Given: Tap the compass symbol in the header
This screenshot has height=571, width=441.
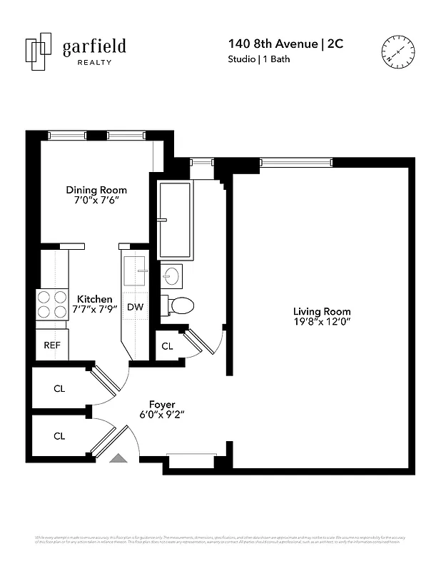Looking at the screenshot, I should (x=397, y=51).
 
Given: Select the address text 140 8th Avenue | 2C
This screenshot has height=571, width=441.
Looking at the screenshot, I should (x=283, y=44).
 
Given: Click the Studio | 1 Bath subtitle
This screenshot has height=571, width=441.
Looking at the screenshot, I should (x=258, y=59).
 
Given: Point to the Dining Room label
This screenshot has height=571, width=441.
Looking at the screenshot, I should (x=96, y=190).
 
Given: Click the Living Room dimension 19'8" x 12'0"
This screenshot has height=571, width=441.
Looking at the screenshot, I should (x=322, y=323).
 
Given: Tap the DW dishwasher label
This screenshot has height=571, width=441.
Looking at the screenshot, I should (x=135, y=307).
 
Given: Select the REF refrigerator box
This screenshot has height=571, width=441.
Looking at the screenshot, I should (x=52, y=345).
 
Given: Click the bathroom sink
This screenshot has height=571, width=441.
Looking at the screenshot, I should (x=171, y=275).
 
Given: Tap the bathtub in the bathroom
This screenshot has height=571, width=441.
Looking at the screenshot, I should (x=175, y=221).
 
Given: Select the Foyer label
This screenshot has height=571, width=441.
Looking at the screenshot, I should (x=162, y=405).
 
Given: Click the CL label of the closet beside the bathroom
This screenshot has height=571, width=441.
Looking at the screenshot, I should (x=167, y=346).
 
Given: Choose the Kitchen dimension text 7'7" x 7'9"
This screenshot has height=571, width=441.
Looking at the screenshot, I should (x=94, y=310).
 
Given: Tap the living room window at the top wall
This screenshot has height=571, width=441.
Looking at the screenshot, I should (x=295, y=163).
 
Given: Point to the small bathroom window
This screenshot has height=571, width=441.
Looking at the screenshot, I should (x=202, y=163).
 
